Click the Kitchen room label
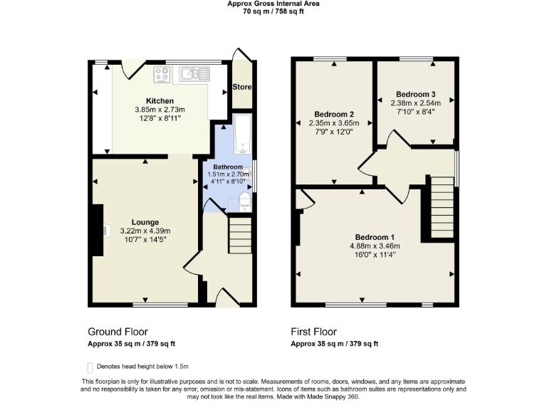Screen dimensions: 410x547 [160, 100]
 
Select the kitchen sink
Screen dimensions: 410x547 [192, 73]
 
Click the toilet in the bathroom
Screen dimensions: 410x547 [244, 201]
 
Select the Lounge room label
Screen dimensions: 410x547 [145, 222]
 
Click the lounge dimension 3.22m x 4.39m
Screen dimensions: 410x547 [145, 231]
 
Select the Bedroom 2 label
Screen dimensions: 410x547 [334, 114]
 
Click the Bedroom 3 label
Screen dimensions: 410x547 [416, 94]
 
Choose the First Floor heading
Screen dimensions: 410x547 [313, 332]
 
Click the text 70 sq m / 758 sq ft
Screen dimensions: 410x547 [273, 11]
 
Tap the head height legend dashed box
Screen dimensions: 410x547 [90, 367]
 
